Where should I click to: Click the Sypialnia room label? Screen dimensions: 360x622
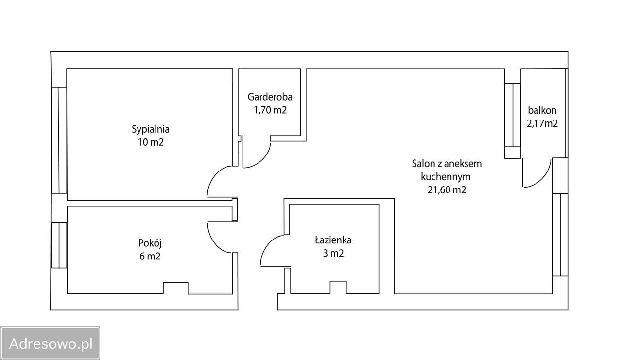click(x=150, y=129)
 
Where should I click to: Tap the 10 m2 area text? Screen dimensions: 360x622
click(x=150, y=142)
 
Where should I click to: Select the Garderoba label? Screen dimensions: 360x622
click(x=270, y=96)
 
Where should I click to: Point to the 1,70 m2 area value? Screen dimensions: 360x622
click(x=270, y=110)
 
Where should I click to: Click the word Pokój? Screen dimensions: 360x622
click(x=149, y=242)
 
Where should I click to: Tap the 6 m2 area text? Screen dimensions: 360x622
click(x=149, y=256)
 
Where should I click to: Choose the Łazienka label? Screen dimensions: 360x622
click(x=333, y=240)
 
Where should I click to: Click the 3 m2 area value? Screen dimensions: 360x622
click(x=333, y=253)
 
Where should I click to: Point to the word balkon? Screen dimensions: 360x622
click(x=542, y=110)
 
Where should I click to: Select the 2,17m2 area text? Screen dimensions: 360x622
click(x=542, y=123)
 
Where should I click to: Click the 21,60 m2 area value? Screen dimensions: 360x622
click(x=447, y=190)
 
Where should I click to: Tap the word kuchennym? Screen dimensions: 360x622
click(x=446, y=176)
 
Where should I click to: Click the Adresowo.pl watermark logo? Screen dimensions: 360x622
click(x=50, y=343)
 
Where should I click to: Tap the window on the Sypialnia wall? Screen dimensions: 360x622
click(x=59, y=140)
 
